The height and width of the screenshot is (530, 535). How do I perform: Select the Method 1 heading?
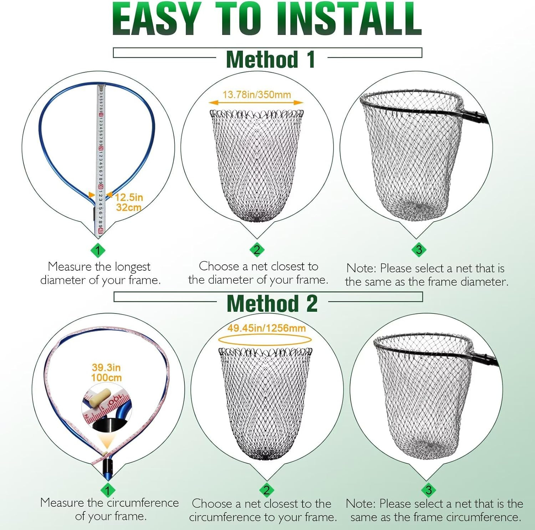271,59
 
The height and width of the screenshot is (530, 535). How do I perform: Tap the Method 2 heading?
272,304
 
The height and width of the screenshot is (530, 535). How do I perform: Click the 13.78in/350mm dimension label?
257,95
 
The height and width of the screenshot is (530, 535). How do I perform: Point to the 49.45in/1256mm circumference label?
266,328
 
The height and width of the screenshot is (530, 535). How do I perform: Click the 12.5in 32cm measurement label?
129,202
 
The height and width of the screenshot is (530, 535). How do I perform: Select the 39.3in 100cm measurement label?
106,372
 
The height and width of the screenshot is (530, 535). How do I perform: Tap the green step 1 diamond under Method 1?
98,250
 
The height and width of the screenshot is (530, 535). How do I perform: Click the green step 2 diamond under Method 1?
257,250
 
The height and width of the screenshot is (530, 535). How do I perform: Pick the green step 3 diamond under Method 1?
419,250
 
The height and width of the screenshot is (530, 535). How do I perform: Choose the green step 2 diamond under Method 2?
266,490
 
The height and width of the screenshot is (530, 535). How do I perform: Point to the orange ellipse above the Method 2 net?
265,340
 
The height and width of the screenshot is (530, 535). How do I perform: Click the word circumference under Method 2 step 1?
143,503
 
